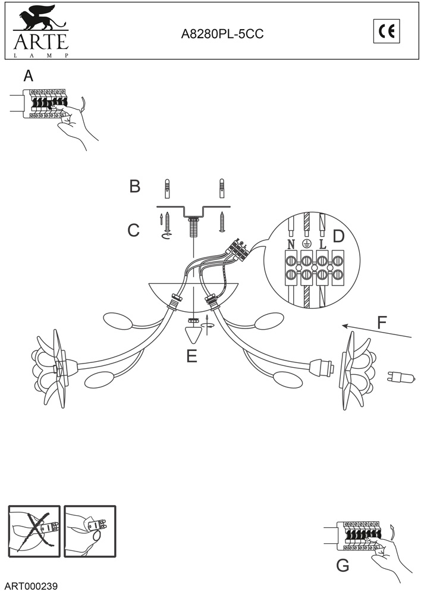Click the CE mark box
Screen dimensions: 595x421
point(387,32)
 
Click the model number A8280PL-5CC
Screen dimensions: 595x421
point(222,35)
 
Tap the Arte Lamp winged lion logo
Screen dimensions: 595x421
point(40,18)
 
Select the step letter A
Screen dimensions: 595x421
point(28,76)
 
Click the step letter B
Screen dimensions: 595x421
point(135,186)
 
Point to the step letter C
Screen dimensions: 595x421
point(134,230)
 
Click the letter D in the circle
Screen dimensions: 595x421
point(339,236)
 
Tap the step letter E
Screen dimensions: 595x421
point(191,356)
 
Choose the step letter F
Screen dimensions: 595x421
point(382,323)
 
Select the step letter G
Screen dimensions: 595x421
point(343,565)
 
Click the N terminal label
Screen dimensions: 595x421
point(291,244)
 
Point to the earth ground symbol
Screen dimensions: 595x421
point(307,244)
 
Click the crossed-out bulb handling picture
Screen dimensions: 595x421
point(34,531)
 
